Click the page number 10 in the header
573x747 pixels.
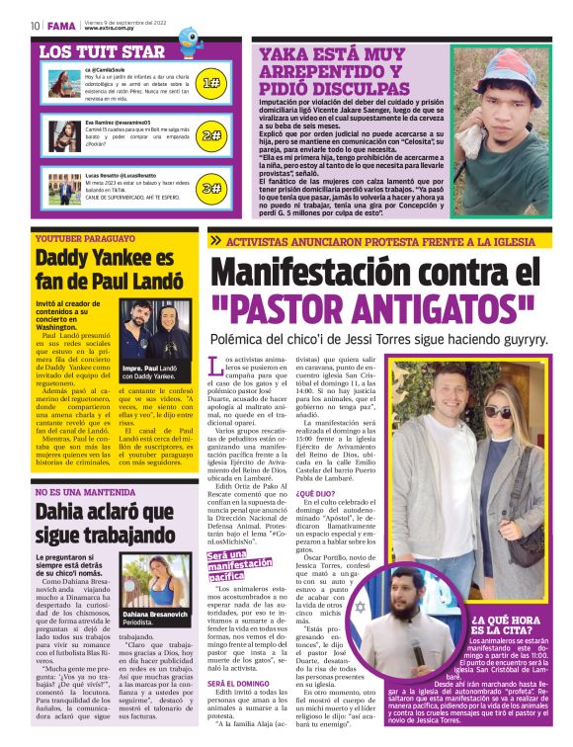point(35,25)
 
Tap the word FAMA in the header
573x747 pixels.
point(60,25)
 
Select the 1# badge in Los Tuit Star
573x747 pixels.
point(210,84)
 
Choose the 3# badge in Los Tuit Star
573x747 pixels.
point(210,187)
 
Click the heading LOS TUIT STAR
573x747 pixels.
point(102,52)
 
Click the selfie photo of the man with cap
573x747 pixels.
point(503,123)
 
